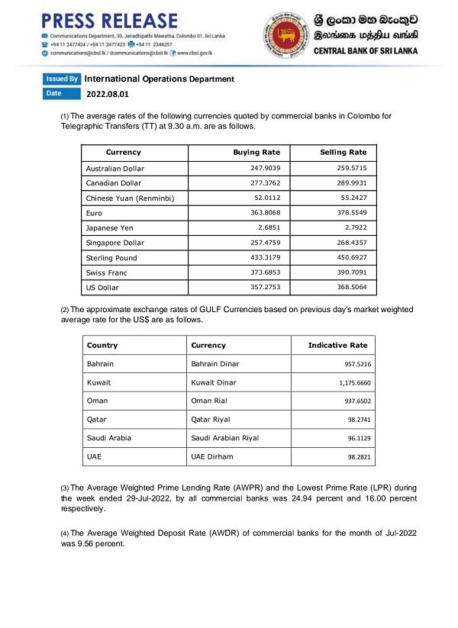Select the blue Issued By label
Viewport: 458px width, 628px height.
62,79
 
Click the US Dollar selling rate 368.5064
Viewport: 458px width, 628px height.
351,288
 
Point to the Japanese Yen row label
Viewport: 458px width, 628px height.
111,228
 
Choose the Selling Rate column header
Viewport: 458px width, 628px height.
343,153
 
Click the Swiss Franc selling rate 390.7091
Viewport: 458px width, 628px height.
351,272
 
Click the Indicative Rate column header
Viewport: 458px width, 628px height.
337,346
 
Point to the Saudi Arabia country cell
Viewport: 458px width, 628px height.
109,438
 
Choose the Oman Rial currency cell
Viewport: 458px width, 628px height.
210,401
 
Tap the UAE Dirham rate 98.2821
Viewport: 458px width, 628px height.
356,456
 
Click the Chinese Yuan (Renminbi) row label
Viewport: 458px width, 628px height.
131,198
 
